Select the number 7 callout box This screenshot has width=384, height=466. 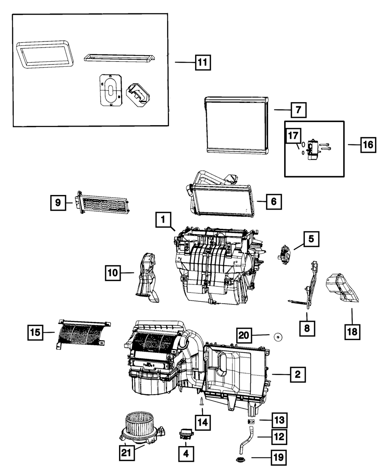[298, 110]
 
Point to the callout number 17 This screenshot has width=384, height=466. [293, 136]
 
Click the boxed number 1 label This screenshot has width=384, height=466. [163, 220]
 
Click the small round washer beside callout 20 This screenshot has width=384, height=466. [277, 337]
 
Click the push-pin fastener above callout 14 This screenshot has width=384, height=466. [202, 402]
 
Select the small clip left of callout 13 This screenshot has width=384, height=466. [250, 421]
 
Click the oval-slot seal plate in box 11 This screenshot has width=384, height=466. [110, 89]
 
